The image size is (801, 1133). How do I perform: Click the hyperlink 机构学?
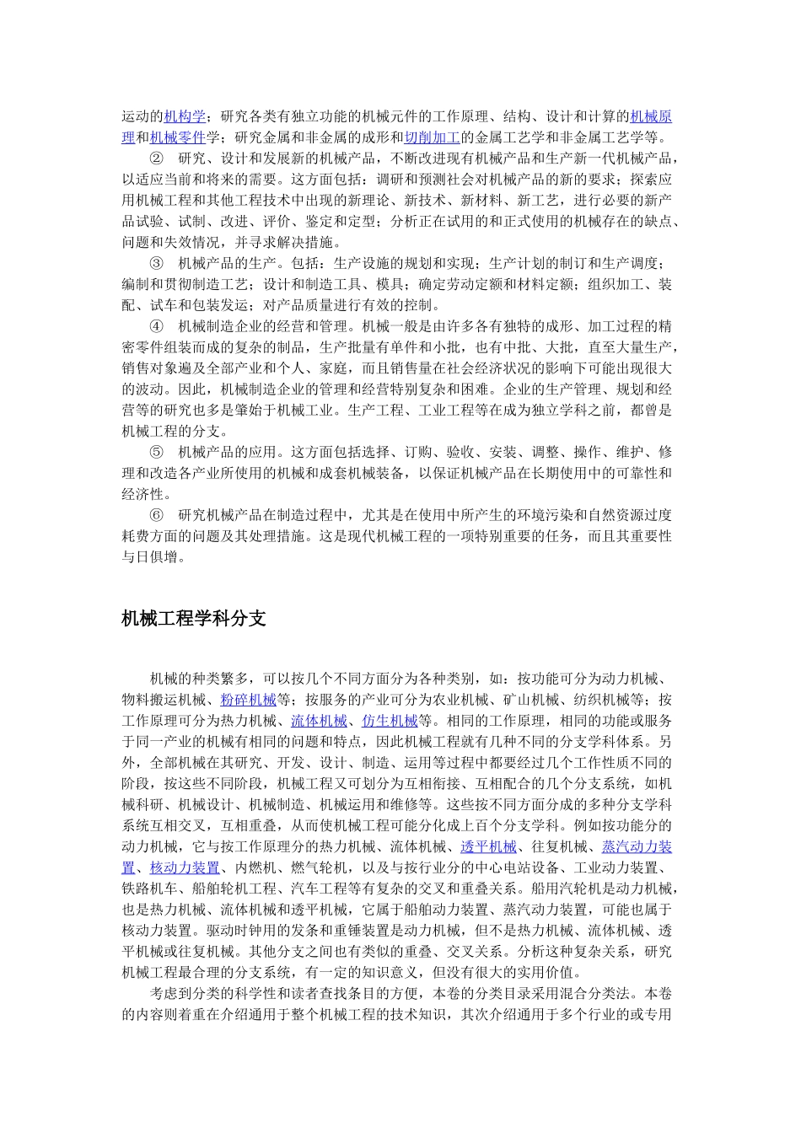(185, 116)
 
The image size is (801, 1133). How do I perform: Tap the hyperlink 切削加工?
(432, 137)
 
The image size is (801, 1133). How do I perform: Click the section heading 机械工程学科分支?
(194, 619)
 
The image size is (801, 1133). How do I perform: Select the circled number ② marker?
(157, 158)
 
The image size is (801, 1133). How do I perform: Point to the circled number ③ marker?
(157, 263)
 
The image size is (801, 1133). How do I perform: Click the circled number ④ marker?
(157, 326)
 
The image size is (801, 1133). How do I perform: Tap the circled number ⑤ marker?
(157, 452)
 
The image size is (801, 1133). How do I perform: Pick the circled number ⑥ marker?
(157, 515)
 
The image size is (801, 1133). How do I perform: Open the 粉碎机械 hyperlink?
(249, 700)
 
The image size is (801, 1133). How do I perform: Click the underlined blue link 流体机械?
(319, 721)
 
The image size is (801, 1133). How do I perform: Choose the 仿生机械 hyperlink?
(390, 721)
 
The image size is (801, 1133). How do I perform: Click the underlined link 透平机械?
(488, 846)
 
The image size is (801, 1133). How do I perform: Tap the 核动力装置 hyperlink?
(185, 867)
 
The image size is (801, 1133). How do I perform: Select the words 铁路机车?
(150, 889)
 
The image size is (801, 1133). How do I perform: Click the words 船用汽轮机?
(573, 889)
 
